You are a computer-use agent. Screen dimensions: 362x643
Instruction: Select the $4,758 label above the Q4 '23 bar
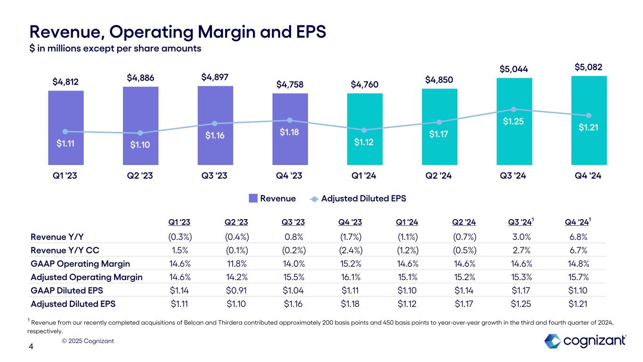tap(290, 85)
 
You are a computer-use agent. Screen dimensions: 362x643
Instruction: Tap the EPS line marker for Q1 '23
tap(65, 132)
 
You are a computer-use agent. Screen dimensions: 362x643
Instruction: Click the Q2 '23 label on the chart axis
tap(140, 176)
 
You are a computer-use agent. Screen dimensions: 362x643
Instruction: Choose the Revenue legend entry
tap(272, 198)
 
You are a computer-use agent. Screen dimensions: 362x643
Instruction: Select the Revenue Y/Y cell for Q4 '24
tap(578, 236)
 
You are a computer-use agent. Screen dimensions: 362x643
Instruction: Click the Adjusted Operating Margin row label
tap(86, 277)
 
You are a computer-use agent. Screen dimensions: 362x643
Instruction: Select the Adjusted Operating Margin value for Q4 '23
tap(350, 277)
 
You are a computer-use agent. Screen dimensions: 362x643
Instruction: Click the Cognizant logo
tap(585, 341)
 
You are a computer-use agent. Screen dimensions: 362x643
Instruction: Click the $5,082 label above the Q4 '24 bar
tap(588, 67)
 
